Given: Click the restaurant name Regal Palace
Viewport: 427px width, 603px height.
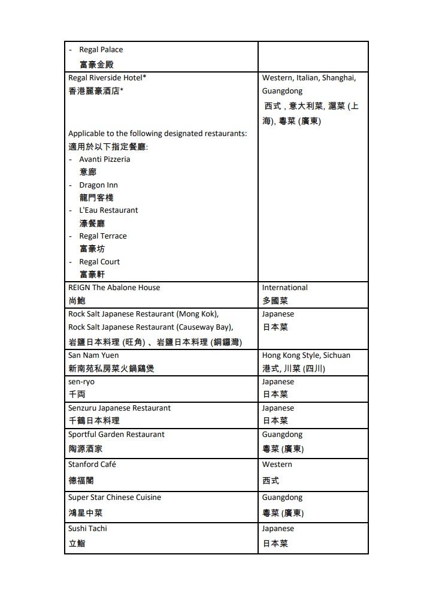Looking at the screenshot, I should [x=101, y=50].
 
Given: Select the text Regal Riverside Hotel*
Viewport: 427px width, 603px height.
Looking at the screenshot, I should [x=107, y=78].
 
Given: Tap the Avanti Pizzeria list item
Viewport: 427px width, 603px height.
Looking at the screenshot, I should [x=104, y=159].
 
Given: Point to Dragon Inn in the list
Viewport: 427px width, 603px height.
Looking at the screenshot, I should [x=98, y=185].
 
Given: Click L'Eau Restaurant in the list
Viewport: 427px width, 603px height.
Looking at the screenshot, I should [x=108, y=210].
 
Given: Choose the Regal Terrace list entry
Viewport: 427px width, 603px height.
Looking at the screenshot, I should [x=102, y=236].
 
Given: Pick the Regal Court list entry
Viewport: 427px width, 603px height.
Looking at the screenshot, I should [x=99, y=262].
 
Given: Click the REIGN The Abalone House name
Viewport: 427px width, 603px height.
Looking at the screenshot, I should [x=114, y=288].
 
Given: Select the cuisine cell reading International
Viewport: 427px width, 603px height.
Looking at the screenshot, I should [x=284, y=288].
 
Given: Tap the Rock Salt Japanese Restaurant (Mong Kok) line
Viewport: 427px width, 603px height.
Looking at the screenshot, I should [x=143, y=314].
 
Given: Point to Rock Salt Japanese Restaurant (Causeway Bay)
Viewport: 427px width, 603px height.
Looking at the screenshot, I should [x=150, y=327].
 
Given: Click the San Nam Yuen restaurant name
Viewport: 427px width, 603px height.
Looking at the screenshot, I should [x=93, y=355].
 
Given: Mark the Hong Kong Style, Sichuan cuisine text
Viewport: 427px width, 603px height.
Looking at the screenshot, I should [x=306, y=355].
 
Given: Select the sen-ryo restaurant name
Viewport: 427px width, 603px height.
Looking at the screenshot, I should [x=81, y=382].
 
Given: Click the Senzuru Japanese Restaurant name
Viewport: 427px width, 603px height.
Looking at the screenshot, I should [x=119, y=408].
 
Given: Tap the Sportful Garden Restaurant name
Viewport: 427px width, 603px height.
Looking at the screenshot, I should [x=116, y=435].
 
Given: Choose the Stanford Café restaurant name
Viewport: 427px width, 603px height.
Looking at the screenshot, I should [x=92, y=465].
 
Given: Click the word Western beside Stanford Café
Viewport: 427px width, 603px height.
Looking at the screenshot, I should [x=277, y=465].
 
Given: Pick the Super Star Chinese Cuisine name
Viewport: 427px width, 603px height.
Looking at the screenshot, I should [x=114, y=498].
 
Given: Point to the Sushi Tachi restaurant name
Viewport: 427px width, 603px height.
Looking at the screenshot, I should [x=87, y=529].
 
